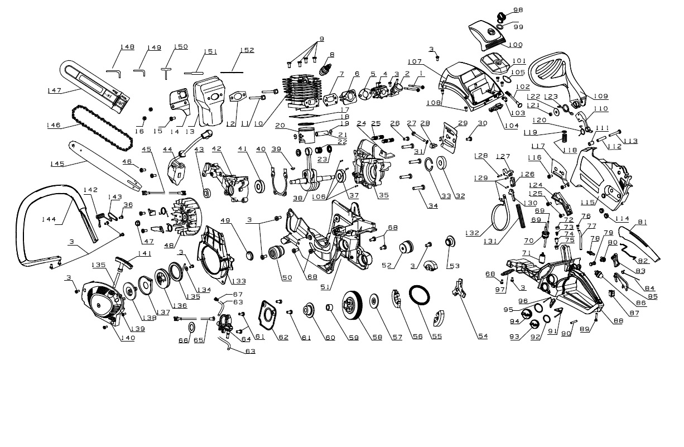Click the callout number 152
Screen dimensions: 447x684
tap(247, 50)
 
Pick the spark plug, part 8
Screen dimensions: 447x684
tap(324, 70)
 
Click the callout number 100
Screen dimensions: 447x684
tap(515, 45)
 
